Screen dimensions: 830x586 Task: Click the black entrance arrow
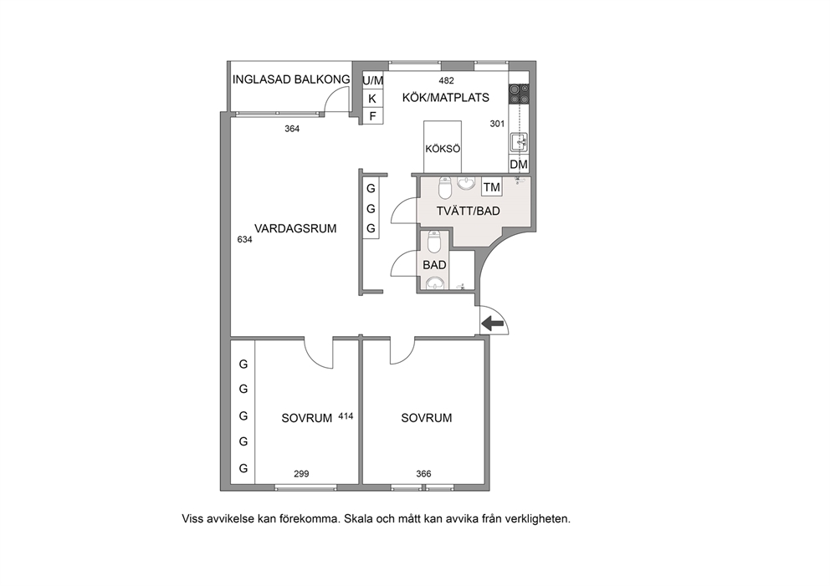pyautogui.click(x=493, y=324)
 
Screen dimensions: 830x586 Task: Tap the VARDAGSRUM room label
pyautogui.click(x=295, y=228)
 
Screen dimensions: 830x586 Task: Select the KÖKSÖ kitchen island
pyautogui.click(x=443, y=147)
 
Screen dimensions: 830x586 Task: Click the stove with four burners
pyautogui.click(x=519, y=94)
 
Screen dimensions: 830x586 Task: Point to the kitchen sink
pyautogui.click(x=519, y=142)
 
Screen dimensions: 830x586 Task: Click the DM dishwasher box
pyautogui.click(x=519, y=165)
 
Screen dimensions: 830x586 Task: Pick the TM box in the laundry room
pyautogui.click(x=492, y=187)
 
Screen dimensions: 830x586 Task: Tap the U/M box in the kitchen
pyautogui.click(x=372, y=81)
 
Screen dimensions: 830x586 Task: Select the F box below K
pyautogui.click(x=372, y=116)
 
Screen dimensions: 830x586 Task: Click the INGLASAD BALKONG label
pyautogui.click(x=291, y=79)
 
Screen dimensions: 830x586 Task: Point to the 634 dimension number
pyautogui.click(x=244, y=240)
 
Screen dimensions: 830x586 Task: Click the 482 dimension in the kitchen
pyautogui.click(x=447, y=81)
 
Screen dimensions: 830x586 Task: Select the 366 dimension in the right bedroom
pyautogui.click(x=423, y=474)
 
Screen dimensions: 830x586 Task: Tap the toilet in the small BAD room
pyautogui.click(x=434, y=242)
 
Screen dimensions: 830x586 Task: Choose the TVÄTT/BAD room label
pyautogui.click(x=469, y=211)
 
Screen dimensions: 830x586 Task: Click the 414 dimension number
pyautogui.click(x=346, y=416)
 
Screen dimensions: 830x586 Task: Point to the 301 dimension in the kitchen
pyautogui.click(x=497, y=124)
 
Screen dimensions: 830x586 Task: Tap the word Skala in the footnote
pyautogui.click(x=358, y=519)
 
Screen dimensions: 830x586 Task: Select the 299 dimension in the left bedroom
pyautogui.click(x=301, y=474)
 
